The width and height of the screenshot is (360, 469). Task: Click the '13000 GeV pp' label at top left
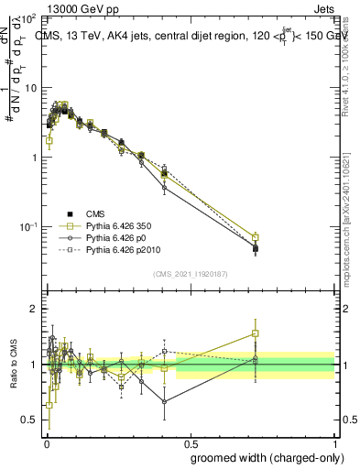coord(51,7)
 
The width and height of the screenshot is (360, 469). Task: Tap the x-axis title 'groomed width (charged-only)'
coord(262,456)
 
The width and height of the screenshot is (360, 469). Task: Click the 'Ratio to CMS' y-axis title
coord(13,365)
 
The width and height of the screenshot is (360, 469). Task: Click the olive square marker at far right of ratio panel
coord(256,333)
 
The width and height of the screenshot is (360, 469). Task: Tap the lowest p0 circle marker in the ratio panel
coord(164,401)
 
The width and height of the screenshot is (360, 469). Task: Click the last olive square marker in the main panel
coord(256,237)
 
